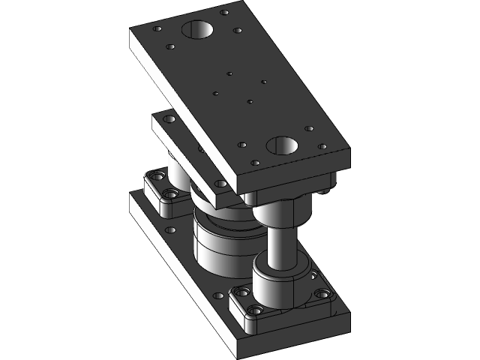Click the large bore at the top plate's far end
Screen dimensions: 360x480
pos(197,31)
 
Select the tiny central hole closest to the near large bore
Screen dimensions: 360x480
pos(250,101)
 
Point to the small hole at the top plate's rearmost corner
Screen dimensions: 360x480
pos(225,12)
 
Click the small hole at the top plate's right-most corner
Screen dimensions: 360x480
pos(322,147)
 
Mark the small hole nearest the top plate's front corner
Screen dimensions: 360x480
pos(256,162)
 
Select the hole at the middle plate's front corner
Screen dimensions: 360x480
pos(220,184)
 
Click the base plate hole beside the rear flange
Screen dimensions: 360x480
pos(170,230)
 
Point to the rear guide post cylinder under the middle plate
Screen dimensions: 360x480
pos(178,172)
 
